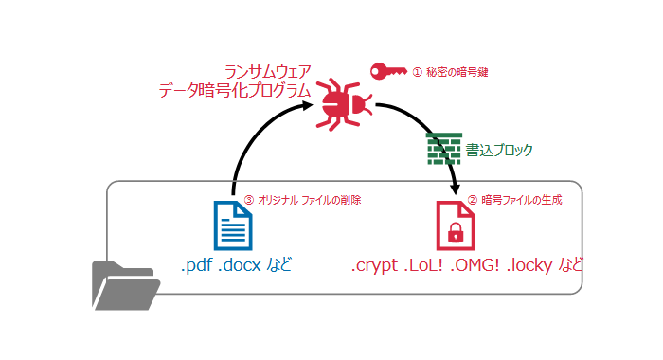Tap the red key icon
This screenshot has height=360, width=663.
pos(386,71)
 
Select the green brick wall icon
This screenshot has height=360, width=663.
pos(443,149)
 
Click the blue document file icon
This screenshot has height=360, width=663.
pos(234,225)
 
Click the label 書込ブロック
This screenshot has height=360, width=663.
pos(499,150)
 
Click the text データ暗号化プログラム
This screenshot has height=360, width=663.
pos(235,92)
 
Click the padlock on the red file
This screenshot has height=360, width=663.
pos(456,232)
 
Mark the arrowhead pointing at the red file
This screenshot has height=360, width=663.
pos(457,191)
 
